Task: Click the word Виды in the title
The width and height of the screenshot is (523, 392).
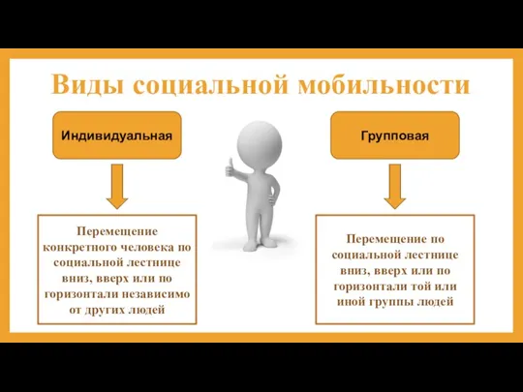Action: [x=83, y=85]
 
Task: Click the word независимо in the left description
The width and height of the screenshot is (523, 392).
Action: [x=159, y=294]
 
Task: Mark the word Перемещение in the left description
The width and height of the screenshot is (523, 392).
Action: [x=117, y=232]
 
